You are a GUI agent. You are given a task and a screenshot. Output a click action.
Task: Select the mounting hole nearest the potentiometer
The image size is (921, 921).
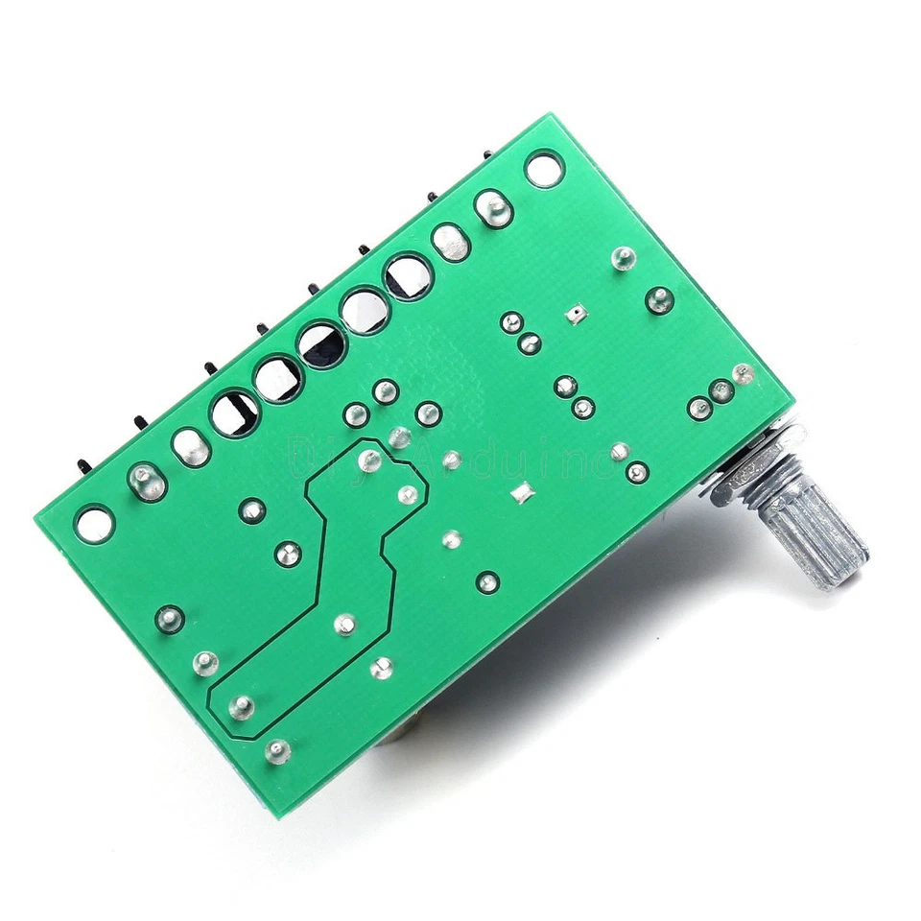click(x=544, y=169)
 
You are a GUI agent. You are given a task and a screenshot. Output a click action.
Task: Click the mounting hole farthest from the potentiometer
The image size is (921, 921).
click(x=95, y=523)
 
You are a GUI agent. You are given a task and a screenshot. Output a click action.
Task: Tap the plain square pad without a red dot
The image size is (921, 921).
click(x=523, y=493)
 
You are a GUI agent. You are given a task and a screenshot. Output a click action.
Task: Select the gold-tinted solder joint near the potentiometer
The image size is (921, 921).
click(x=741, y=373)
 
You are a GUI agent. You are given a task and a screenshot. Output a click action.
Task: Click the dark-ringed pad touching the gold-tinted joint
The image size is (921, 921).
click(x=721, y=390)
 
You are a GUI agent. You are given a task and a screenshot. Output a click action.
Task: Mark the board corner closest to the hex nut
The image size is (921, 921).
click(x=789, y=393)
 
